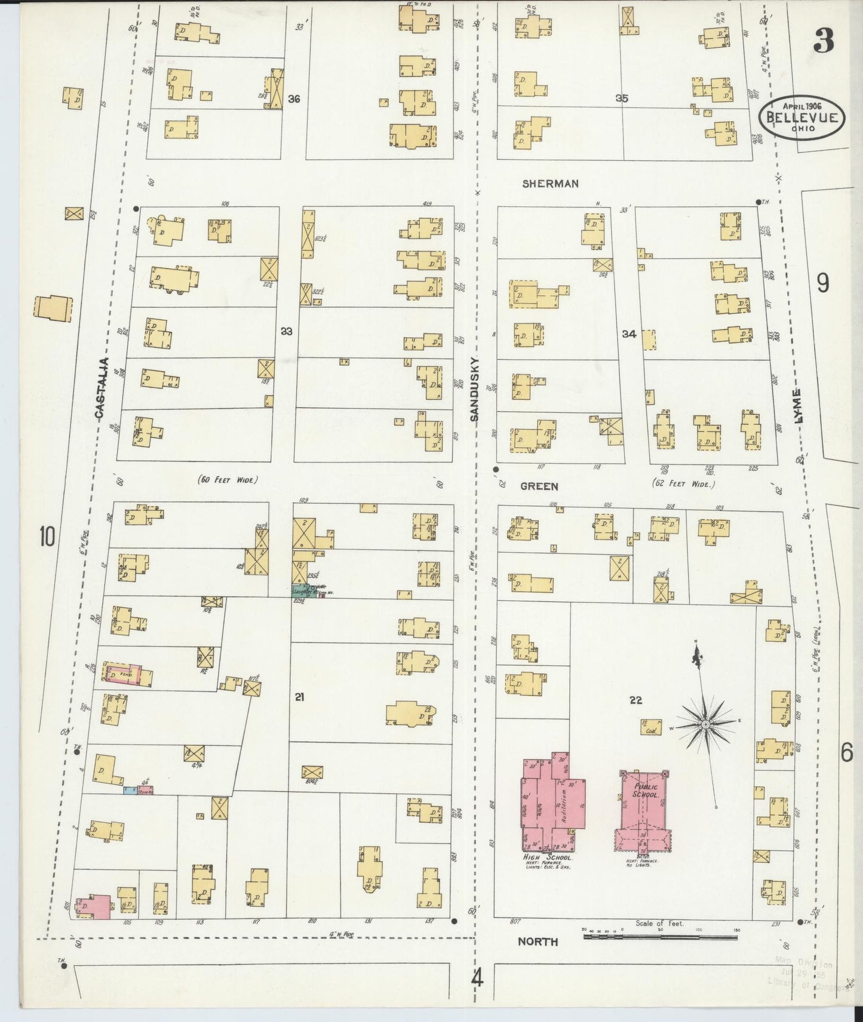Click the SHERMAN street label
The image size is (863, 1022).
(x=550, y=183)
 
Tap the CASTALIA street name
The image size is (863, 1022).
(x=101, y=387)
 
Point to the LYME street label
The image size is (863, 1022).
(x=798, y=406)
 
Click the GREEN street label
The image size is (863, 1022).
(x=539, y=486)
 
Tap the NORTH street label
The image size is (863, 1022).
(x=538, y=941)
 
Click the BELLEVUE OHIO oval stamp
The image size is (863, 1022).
(x=802, y=118)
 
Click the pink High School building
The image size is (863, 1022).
(x=552, y=806)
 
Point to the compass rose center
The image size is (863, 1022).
(x=705, y=724)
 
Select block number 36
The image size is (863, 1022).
(x=293, y=99)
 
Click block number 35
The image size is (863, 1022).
(x=622, y=99)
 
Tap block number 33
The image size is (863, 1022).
(x=287, y=331)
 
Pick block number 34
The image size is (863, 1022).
(x=629, y=334)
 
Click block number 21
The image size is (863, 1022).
(x=300, y=696)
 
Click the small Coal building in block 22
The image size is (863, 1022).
(x=651, y=727)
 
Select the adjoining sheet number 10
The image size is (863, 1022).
(x=47, y=536)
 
